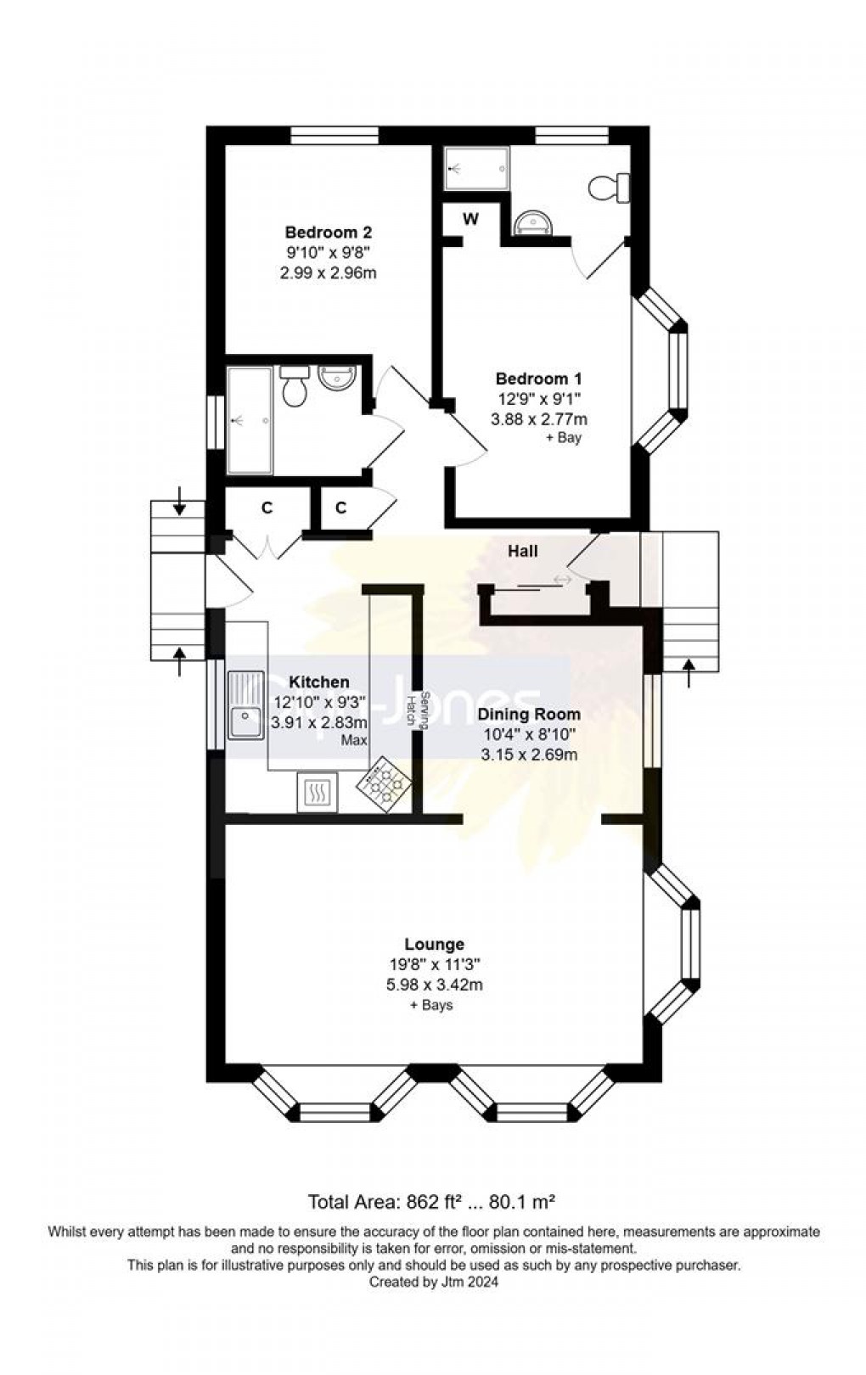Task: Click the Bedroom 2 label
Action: pos(328,232)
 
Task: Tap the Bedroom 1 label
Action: pos(538,379)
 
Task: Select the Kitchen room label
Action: pos(318,682)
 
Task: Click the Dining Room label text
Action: pos(528,714)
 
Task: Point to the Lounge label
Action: pos(434,944)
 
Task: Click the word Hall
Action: pos(522,551)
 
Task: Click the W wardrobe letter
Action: pos(470,219)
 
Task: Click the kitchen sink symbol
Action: pos(245,706)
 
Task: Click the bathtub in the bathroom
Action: pos(249,420)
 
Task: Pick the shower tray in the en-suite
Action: pos(477,168)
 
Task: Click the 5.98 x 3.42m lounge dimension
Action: pos(434,985)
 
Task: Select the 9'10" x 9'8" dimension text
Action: pos(328,252)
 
